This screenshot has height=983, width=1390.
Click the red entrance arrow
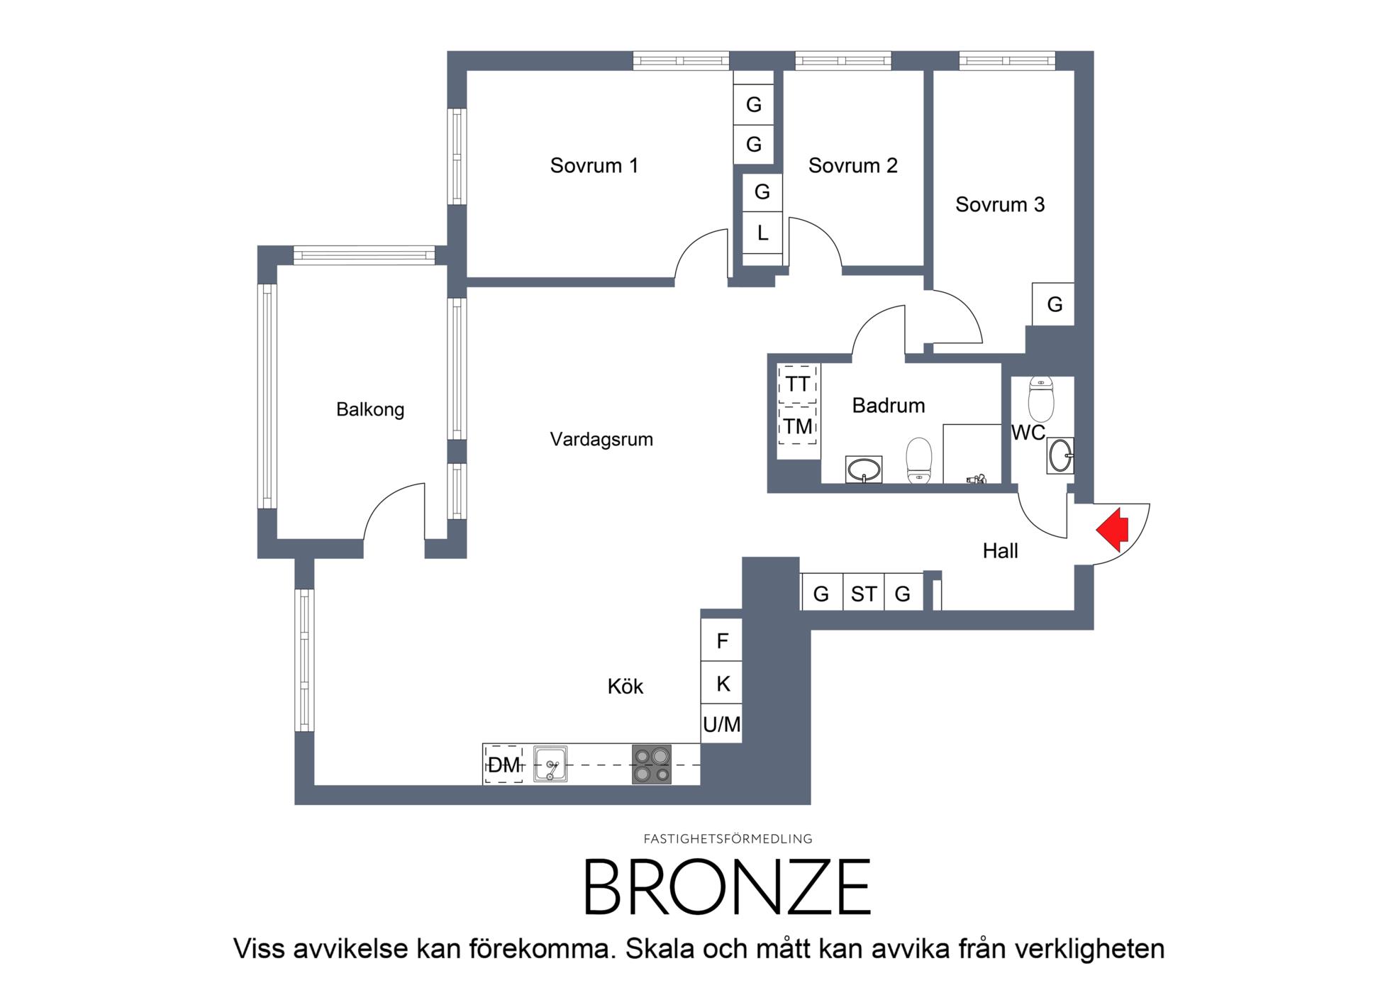(1113, 529)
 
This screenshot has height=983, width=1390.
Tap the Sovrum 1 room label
(594, 166)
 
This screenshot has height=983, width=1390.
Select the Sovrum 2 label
(853, 166)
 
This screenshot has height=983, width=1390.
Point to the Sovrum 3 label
(1000, 205)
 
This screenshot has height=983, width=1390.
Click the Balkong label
(370, 410)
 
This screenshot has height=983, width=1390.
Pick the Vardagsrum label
(601, 440)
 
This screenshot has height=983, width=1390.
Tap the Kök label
(625, 687)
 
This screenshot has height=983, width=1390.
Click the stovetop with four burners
(652, 765)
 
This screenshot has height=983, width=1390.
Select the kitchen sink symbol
(550, 765)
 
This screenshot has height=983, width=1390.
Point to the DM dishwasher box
(504, 765)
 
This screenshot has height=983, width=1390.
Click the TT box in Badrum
(798, 384)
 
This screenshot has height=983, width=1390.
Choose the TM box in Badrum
(798, 426)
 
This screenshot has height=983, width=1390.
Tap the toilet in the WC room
(1041, 399)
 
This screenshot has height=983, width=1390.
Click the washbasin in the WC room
(1060, 455)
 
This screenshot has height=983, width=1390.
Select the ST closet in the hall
(864, 593)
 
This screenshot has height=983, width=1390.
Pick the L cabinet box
(762, 233)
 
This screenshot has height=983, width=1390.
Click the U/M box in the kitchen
(721, 724)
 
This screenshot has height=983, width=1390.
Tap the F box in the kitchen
(722, 640)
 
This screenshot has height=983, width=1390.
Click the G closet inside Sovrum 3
(1054, 304)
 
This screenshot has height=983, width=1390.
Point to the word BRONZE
(727, 887)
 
